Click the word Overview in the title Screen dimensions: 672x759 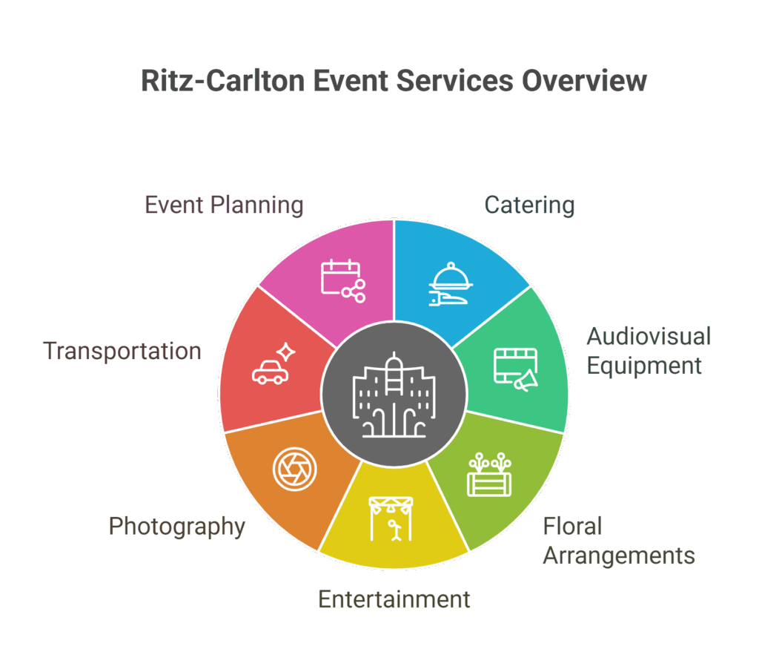pos(584,81)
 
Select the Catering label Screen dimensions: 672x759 pos(529,205)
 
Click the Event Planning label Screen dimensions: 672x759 pos(224,205)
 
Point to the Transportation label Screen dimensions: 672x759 pos(122,350)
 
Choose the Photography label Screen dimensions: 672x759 pos(177,526)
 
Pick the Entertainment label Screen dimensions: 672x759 pos(394,599)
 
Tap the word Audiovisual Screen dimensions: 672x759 pos(649,336)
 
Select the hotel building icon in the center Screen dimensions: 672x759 pos(394,394)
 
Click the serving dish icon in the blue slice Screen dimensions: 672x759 pos(452,286)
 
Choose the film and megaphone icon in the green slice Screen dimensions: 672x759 pos(517,369)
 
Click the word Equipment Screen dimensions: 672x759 pos(643,366)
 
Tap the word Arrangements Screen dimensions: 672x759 pos(618,556)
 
